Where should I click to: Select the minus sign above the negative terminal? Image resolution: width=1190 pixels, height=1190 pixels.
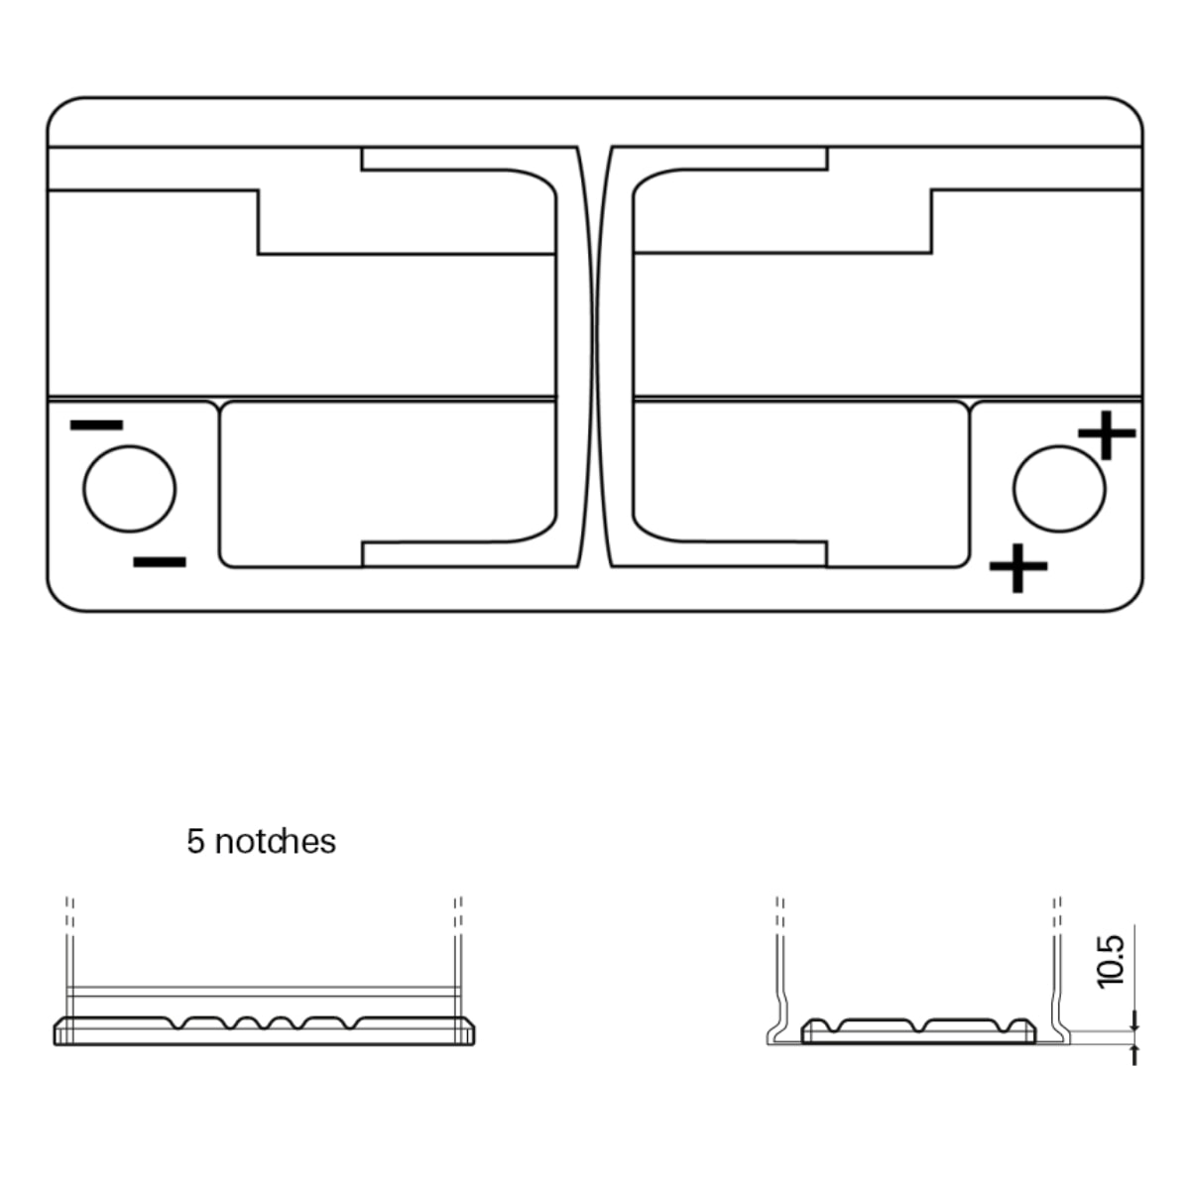click(x=97, y=424)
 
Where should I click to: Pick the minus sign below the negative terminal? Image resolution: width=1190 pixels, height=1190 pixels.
click(x=160, y=562)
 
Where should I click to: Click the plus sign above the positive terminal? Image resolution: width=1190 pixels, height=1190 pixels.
click(x=1107, y=434)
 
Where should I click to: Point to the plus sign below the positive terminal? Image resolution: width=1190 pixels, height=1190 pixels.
click(x=1018, y=567)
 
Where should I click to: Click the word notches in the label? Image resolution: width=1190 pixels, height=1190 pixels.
click(x=276, y=842)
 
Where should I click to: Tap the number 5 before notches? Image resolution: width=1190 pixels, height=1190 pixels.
click(x=195, y=842)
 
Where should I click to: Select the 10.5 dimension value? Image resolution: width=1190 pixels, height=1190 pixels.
click(x=1111, y=962)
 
